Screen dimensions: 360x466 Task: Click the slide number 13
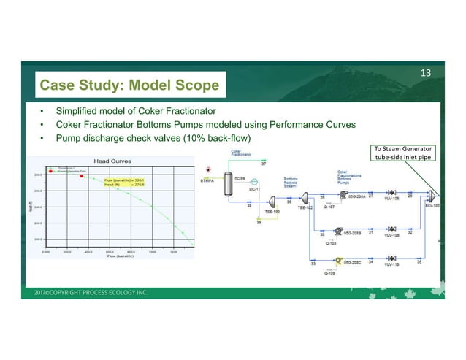coord(427,72)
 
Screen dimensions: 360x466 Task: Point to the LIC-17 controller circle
coord(256,183)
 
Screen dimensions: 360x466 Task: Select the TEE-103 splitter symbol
coord(270,202)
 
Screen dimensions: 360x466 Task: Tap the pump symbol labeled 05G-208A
coord(340,197)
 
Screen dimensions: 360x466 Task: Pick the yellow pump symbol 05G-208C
coord(339,259)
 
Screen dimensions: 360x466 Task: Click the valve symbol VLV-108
coord(392,197)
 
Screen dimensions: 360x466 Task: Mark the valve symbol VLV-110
coord(392,259)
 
